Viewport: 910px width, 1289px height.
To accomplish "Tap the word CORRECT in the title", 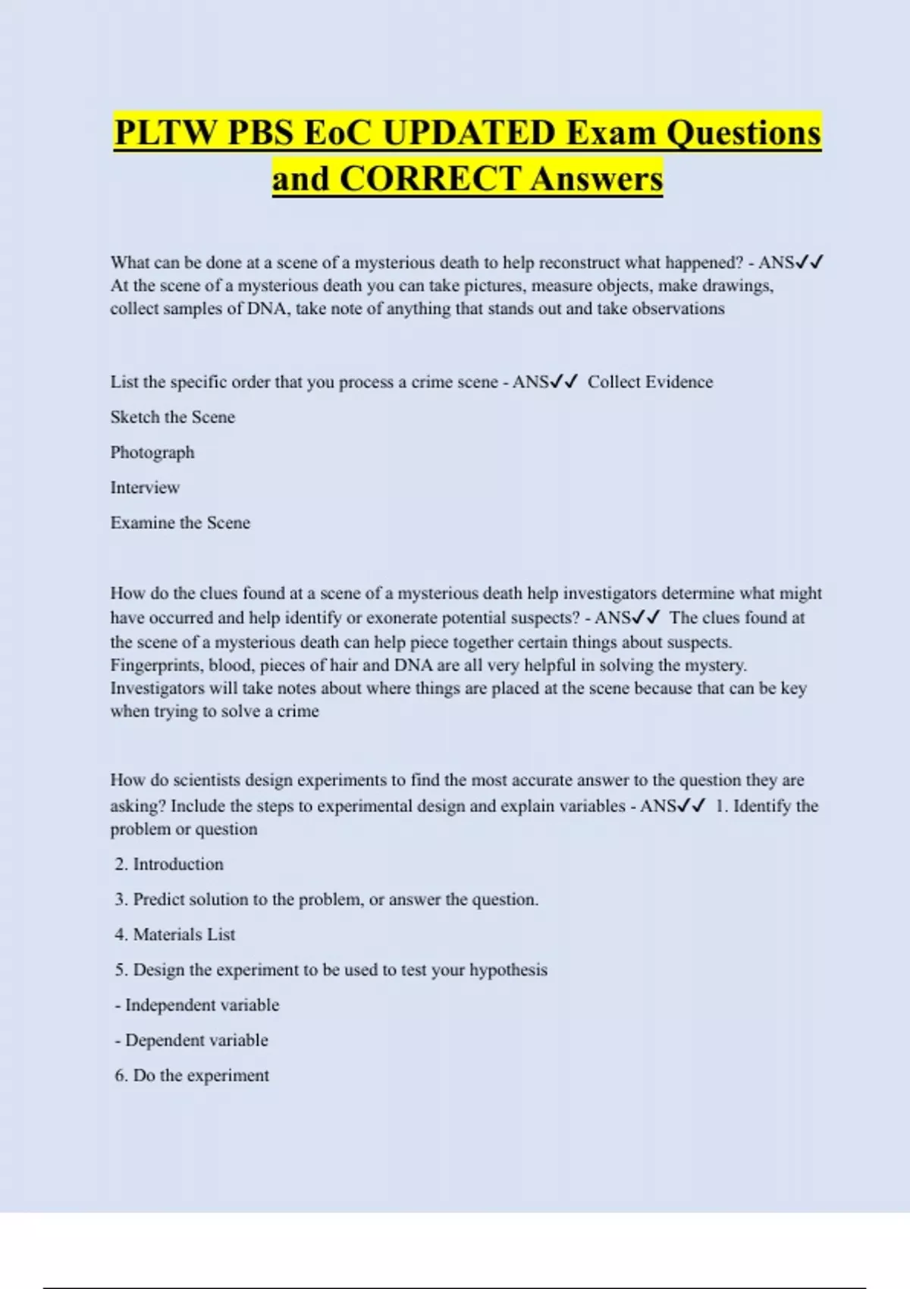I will tap(429, 180).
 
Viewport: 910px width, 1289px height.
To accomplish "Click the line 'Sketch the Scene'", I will tap(172, 417).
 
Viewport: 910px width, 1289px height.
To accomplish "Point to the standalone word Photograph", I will tap(152, 453).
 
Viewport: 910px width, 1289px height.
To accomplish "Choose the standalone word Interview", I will tap(145, 488).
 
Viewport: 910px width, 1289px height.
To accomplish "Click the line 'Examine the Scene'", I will tap(180, 522).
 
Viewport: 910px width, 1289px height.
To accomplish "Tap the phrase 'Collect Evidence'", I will tap(650, 382).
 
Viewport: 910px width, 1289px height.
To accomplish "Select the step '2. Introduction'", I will tap(169, 864).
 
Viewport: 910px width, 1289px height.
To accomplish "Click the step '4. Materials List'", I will tap(175, 934).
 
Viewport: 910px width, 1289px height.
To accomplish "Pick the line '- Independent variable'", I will tap(197, 1005).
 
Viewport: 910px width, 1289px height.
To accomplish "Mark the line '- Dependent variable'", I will tap(192, 1040).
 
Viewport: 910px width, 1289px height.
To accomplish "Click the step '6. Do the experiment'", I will tap(192, 1075).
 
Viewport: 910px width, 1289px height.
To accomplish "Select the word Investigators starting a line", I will tap(158, 688).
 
